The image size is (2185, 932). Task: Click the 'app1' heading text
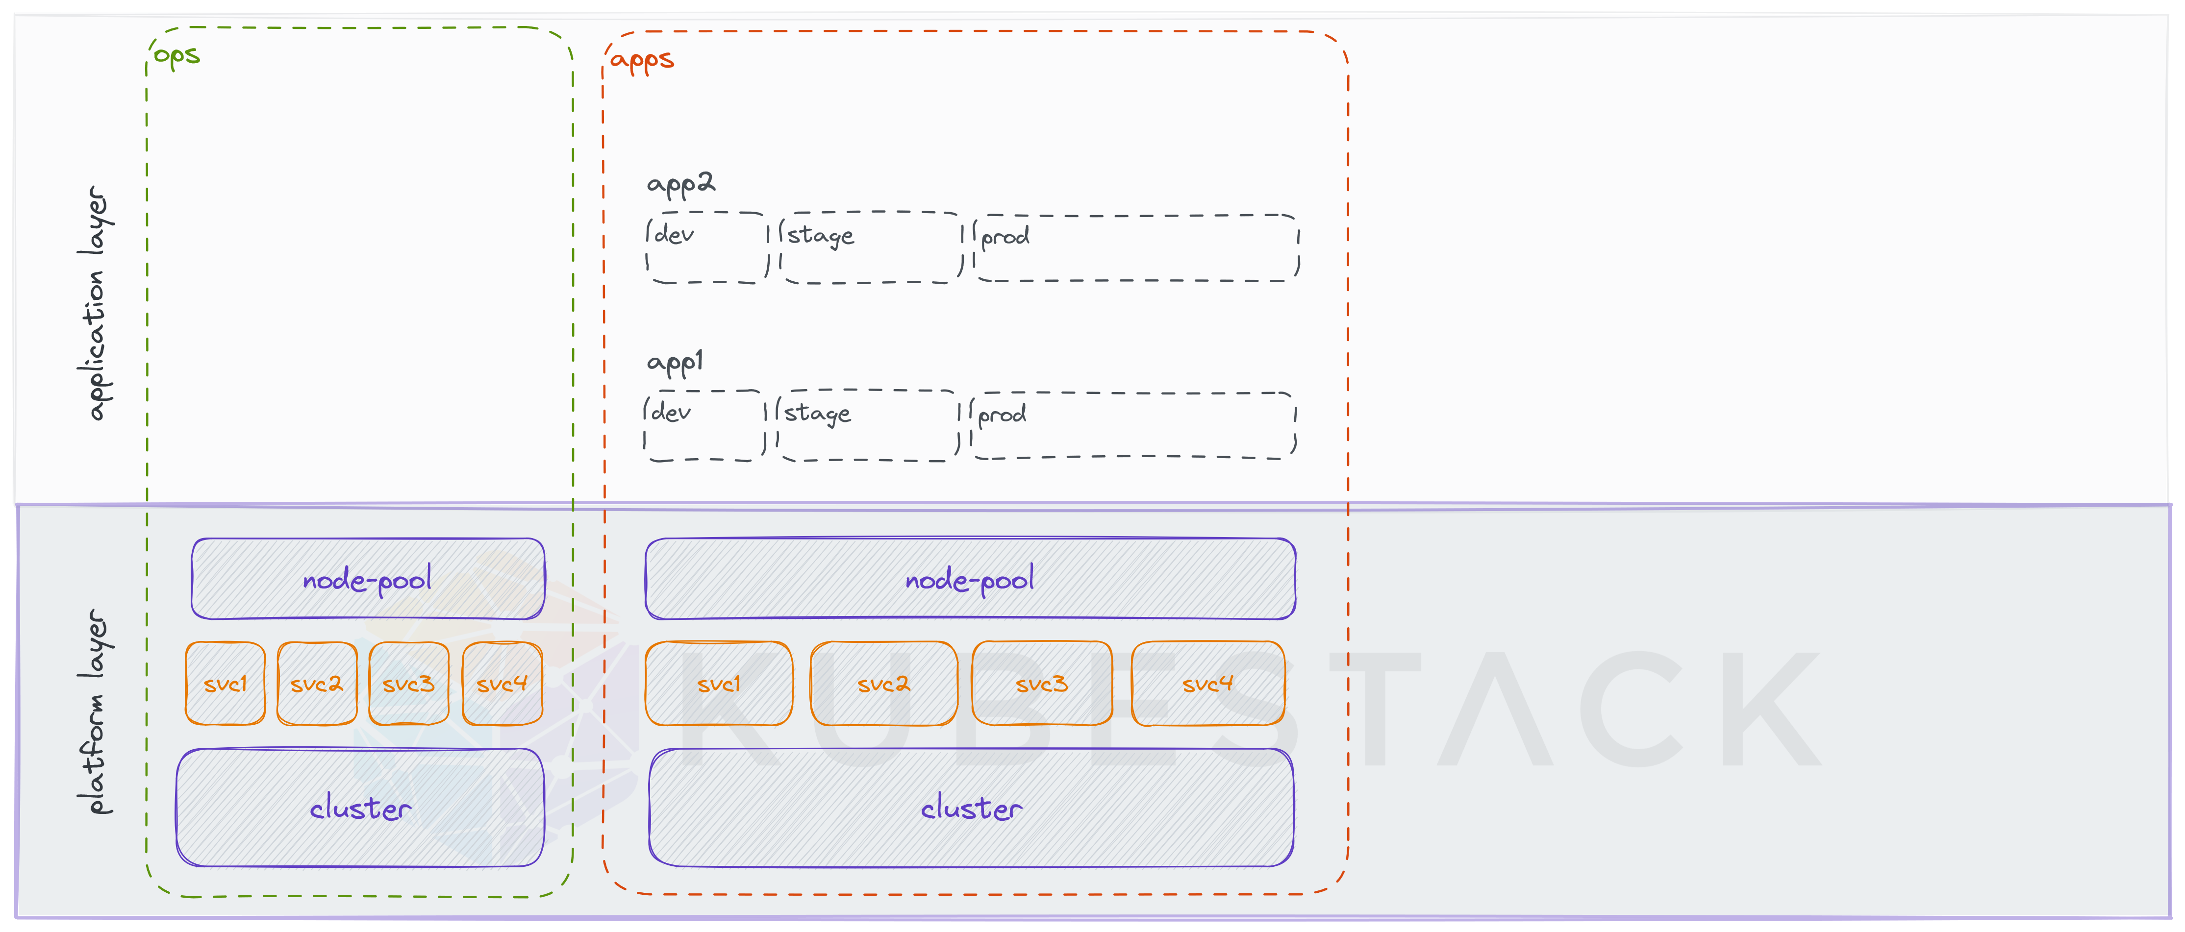pyautogui.click(x=675, y=362)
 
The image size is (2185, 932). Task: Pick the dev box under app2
pyautogui.click(x=706, y=247)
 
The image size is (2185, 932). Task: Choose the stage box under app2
pyautogui.click(x=870, y=247)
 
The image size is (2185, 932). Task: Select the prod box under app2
pyautogui.click(x=1136, y=247)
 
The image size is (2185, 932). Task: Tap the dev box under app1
pyautogui.click(x=703, y=426)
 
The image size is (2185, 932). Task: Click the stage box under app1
pyautogui.click(x=867, y=426)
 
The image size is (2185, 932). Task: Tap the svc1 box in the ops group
pyautogui.click(x=225, y=684)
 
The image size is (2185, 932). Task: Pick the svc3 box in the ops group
pyautogui.click(x=408, y=684)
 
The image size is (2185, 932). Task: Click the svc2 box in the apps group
pyautogui.click(x=883, y=684)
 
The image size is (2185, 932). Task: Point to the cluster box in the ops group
pyautogui.click(x=360, y=808)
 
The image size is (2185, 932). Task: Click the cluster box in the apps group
pyautogui.click(x=971, y=808)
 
